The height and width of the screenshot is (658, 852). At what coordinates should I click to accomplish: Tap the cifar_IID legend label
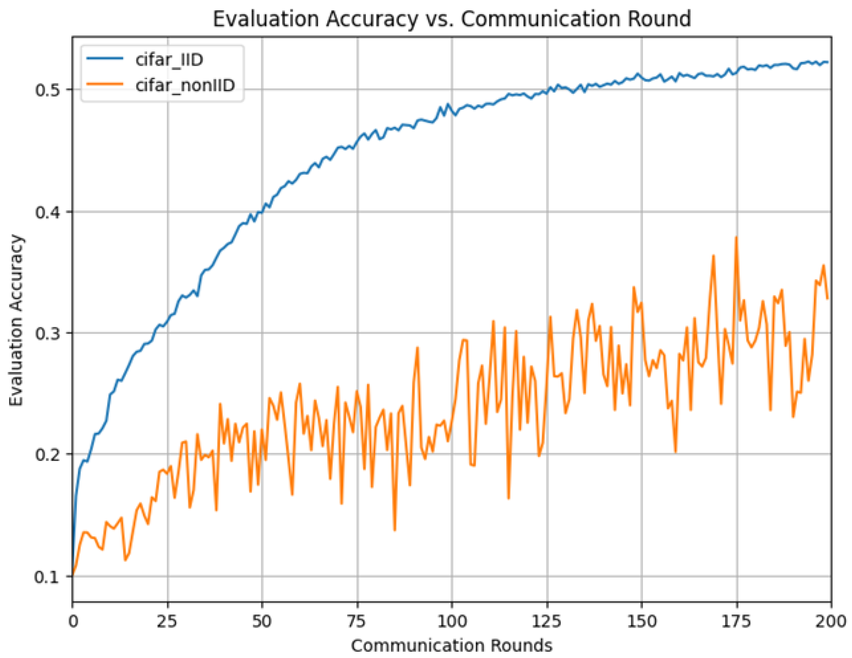click(x=169, y=60)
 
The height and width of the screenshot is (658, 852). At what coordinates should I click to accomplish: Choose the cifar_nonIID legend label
click(x=185, y=85)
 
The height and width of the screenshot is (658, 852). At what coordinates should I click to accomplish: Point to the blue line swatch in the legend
click(x=104, y=59)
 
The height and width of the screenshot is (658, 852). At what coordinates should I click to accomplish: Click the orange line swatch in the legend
click(x=104, y=84)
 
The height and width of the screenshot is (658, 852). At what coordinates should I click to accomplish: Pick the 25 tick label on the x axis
click(x=167, y=621)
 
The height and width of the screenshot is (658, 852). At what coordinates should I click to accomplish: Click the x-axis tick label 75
click(x=357, y=621)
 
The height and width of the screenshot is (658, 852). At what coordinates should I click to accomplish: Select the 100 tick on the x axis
click(x=452, y=621)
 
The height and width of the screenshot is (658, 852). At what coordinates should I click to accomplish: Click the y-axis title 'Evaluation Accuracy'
click(x=16, y=320)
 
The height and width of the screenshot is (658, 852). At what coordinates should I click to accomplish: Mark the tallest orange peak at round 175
click(x=736, y=237)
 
